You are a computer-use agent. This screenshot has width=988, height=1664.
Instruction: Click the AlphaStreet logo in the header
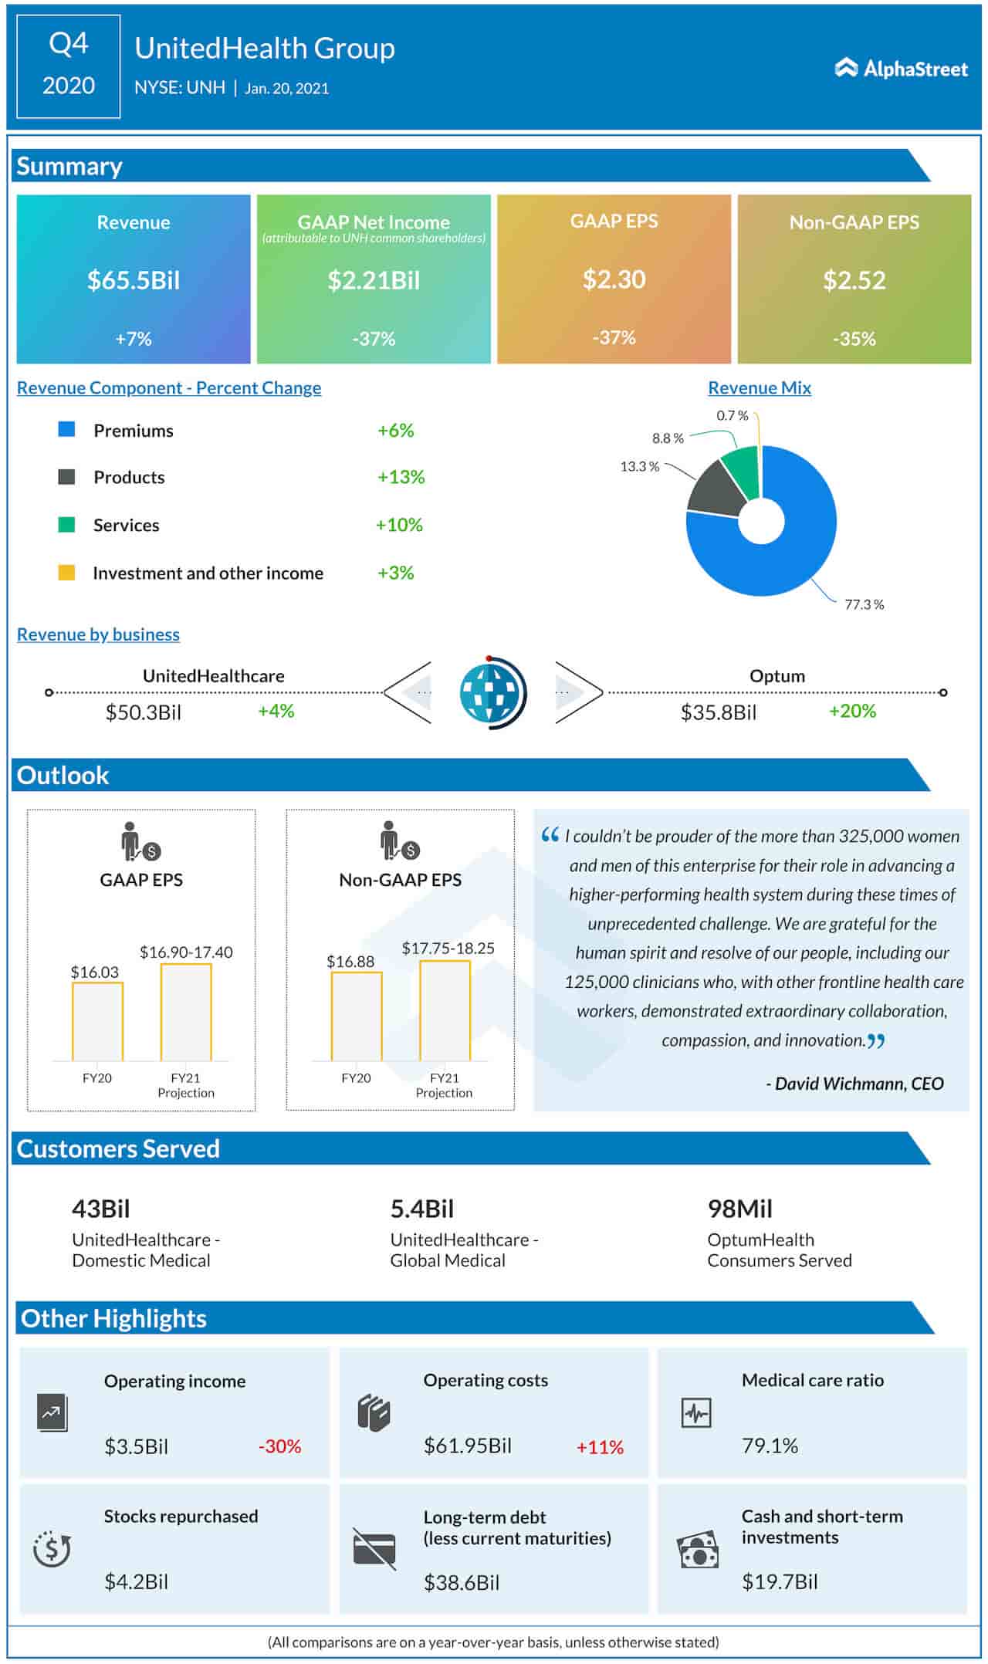(901, 69)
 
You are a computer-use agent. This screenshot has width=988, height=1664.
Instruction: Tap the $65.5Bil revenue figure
(134, 279)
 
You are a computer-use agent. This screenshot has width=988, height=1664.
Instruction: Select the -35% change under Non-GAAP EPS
(854, 338)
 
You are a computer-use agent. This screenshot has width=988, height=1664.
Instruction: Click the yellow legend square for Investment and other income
(67, 573)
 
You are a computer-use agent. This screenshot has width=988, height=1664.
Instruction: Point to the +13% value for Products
(401, 477)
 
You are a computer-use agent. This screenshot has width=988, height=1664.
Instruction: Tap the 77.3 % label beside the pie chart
(864, 604)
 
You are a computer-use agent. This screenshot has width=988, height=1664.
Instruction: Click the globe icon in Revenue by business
(492, 692)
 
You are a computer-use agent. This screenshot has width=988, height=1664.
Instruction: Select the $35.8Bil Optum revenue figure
(718, 712)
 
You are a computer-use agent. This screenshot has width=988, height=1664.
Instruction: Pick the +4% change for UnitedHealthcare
(276, 711)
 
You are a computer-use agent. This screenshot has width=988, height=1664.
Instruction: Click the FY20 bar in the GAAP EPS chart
(98, 1021)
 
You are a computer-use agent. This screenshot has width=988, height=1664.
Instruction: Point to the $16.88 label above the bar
(350, 962)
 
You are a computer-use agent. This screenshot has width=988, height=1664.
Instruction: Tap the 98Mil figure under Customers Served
(739, 1209)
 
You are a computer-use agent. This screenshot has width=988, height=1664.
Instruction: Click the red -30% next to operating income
(279, 1446)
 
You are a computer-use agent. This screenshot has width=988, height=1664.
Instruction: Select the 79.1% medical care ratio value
(770, 1446)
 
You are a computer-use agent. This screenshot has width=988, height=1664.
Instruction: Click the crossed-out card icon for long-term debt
(374, 1548)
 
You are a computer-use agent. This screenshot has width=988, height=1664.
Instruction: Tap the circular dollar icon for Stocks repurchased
(52, 1548)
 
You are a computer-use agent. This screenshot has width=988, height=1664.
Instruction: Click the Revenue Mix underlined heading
(759, 387)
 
